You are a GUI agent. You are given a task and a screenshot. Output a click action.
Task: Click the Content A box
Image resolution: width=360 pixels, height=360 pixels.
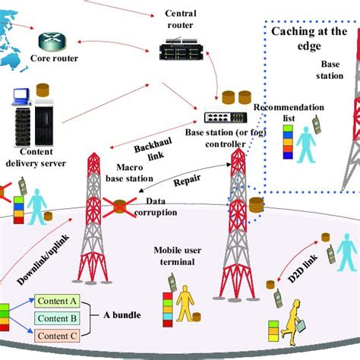[55, 300]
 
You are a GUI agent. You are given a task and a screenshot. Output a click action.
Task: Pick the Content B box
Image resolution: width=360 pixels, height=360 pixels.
[55, 317]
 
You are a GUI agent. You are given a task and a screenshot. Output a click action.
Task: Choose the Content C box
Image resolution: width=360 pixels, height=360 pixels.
[55, 335]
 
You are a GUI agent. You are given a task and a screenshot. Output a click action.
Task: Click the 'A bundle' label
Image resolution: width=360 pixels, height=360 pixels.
[122, 317]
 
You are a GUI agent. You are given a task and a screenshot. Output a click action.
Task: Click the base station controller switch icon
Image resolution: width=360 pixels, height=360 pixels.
[224, 117]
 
